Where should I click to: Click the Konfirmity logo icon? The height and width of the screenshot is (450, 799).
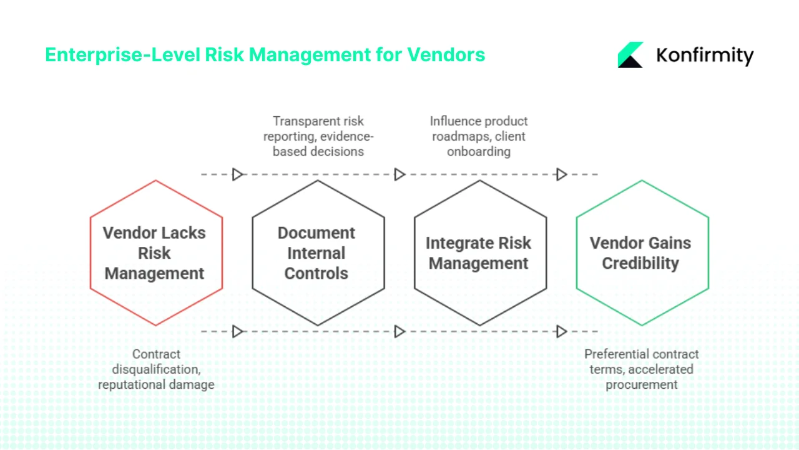tap(630, 55)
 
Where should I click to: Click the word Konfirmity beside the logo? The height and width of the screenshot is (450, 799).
tap(705, 56)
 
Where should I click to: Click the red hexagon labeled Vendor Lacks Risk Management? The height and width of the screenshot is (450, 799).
tap(156, 253)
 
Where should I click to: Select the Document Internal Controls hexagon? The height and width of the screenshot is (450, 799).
tap(318, 253)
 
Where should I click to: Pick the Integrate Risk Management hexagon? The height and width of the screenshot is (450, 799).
tap(480, 253)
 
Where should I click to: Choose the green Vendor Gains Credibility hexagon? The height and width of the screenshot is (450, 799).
tap(642, 253)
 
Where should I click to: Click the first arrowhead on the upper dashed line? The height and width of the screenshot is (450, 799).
tap(237, 174)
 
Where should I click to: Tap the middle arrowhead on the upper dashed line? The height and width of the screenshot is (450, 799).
tap(399, 174)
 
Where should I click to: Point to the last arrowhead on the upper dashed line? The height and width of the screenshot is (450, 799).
tap(561, 174)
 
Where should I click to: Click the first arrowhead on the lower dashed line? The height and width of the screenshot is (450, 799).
tap(237, 331)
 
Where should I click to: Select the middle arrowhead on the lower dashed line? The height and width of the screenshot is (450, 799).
tap(399, 331)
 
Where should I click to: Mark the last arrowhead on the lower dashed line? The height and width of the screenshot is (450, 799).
tap(561, 331)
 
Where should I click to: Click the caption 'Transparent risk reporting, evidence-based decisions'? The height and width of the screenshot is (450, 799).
tap(318, 136)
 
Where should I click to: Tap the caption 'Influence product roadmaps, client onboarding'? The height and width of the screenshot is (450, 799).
tap(479, 136)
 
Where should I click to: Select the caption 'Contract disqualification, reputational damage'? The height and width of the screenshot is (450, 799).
tap(156, 369)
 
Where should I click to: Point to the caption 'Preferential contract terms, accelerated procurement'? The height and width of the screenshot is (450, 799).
tap(642, 369)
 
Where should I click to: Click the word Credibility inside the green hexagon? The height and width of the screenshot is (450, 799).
tap(640, 264)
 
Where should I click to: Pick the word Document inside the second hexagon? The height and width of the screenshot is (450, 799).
tap(316, 233)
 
